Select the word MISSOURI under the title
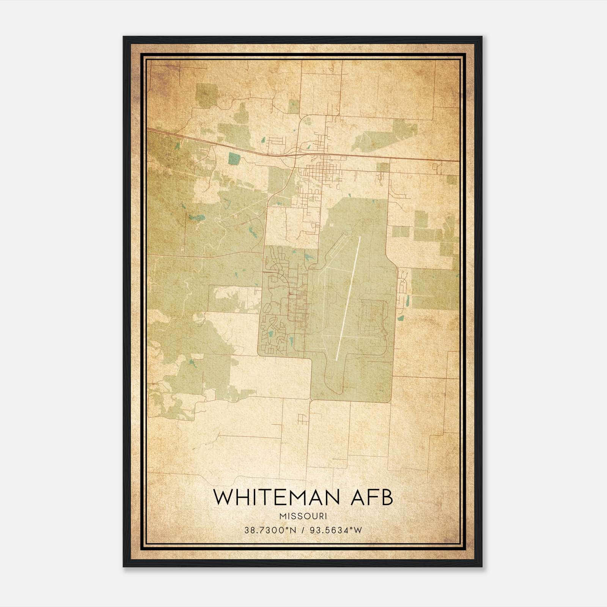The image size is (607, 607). pos(303,516)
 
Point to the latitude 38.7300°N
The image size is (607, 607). pos(270,530)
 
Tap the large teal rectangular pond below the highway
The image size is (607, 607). pos(234,159)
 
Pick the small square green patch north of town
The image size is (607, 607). pos(293,107)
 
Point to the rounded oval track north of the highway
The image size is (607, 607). pos(306,121)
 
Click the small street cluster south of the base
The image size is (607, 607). pos(303,420)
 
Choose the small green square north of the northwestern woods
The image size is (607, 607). pos(207,94)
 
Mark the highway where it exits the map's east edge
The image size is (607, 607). pos(457,161)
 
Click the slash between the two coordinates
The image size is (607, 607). pos(303,530)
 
